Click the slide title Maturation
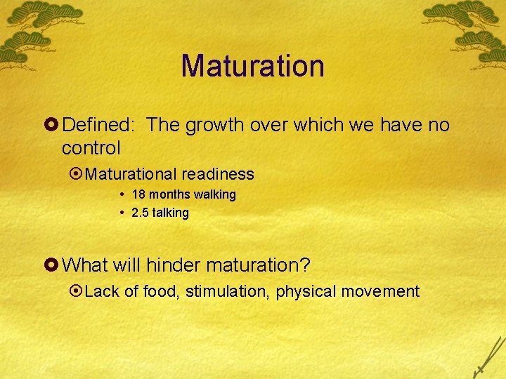coord(252,66)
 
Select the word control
coord(91,148)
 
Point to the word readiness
coord(220,173)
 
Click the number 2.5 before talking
coord(141,213)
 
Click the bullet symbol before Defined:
coord(53,126)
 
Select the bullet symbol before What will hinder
coord(53,266)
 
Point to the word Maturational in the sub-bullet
coord(133,173)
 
